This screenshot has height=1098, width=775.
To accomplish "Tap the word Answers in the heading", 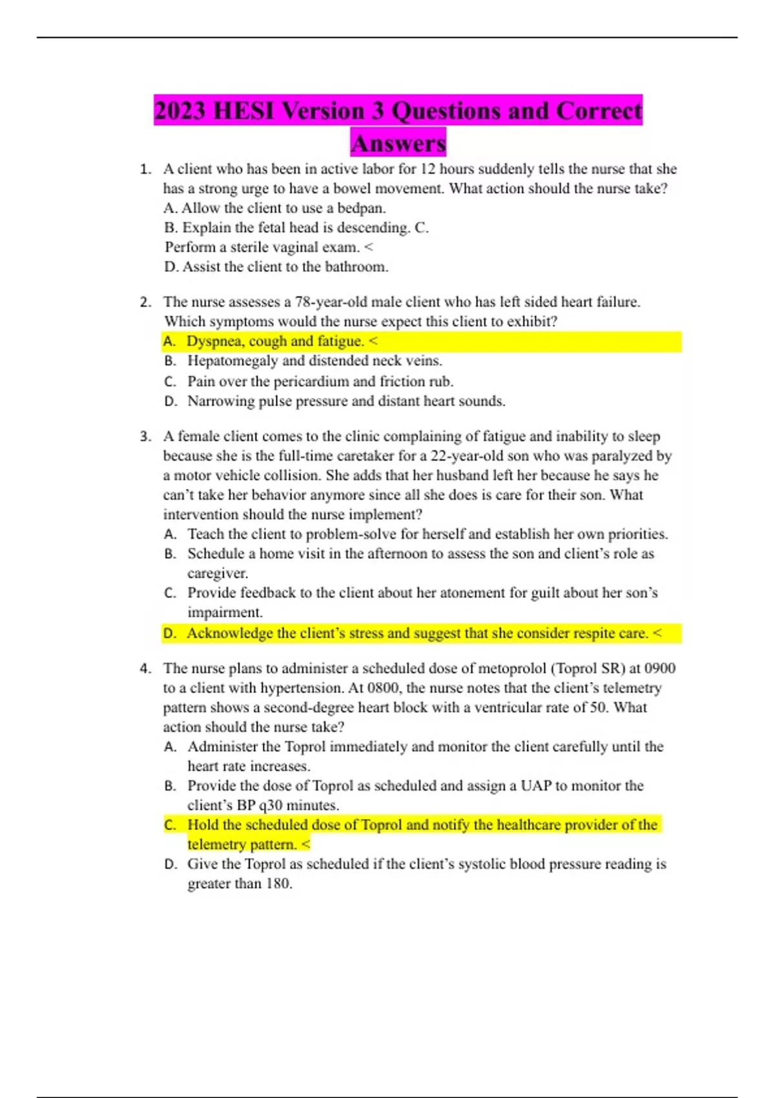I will click(398, 143).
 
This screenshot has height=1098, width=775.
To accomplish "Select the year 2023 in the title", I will click(181, 110).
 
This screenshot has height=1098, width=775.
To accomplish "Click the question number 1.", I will click(145, 169).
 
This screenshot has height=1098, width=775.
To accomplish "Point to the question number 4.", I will click(145, 668).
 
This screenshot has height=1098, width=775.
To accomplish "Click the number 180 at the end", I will click(278, 884).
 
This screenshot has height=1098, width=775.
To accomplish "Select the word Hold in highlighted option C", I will click(201, 825).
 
